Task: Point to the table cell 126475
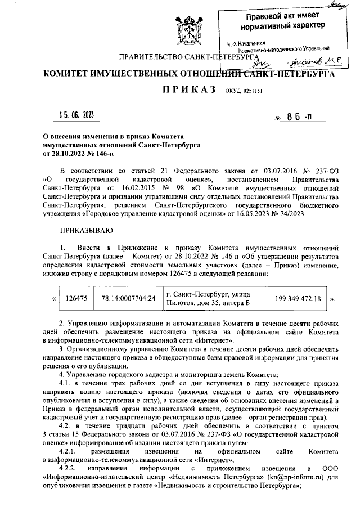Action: [76, 299]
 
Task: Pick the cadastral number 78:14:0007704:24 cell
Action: [128, 299]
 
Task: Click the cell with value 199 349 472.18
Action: [299, 299]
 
